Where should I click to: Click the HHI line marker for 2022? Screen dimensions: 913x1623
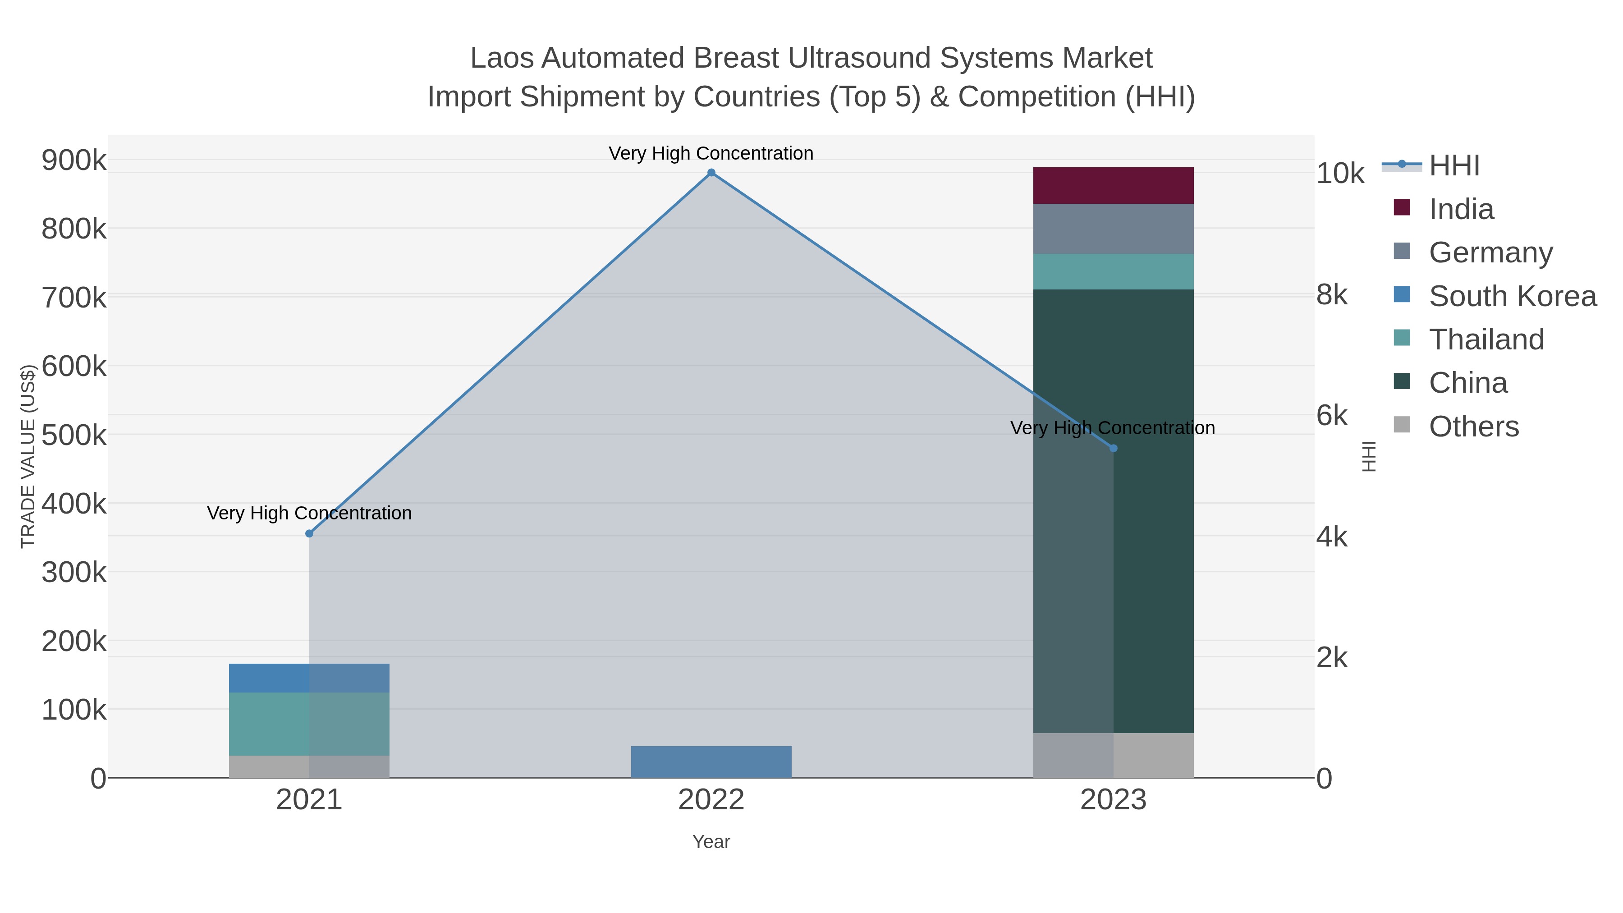click(x=711, y=173)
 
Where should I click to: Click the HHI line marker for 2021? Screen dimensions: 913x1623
click(x=309, y=534)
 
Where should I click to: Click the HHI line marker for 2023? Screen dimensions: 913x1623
click(x=1113, y=448)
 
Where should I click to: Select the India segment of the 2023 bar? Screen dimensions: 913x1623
click(x=1113, y=185)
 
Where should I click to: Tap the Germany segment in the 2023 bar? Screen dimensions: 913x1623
click(x=1113, y=229)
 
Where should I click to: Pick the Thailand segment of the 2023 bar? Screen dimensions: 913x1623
click(x=1113, y=271)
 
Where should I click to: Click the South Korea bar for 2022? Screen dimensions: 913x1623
click(x=711, y=762)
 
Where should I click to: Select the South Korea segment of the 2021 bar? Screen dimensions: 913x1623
click(x=309, y=678)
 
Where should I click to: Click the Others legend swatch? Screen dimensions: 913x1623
click(x=1402, y=425)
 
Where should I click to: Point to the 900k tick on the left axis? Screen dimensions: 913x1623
click(x=74, y=161)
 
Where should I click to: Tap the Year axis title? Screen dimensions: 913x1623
click(x=711, y=842)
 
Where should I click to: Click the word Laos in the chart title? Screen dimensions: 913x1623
click(x=501, y=58)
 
